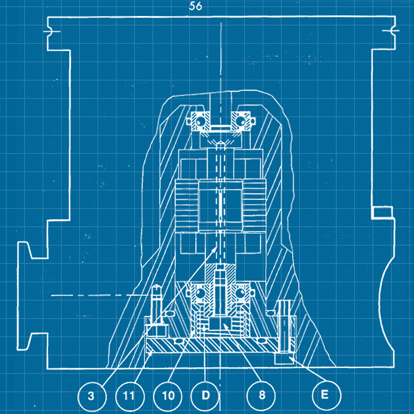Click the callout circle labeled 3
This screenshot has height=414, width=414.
(x=90, y=395)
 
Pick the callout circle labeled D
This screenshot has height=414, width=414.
(x=205, y=395)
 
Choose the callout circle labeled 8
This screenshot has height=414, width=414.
(x=261, y=395)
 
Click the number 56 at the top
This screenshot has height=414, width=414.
(x=196, y=7)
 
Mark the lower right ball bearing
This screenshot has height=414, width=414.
(x=241, y=294)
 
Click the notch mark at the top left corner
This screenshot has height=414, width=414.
(x=52, y=30)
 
